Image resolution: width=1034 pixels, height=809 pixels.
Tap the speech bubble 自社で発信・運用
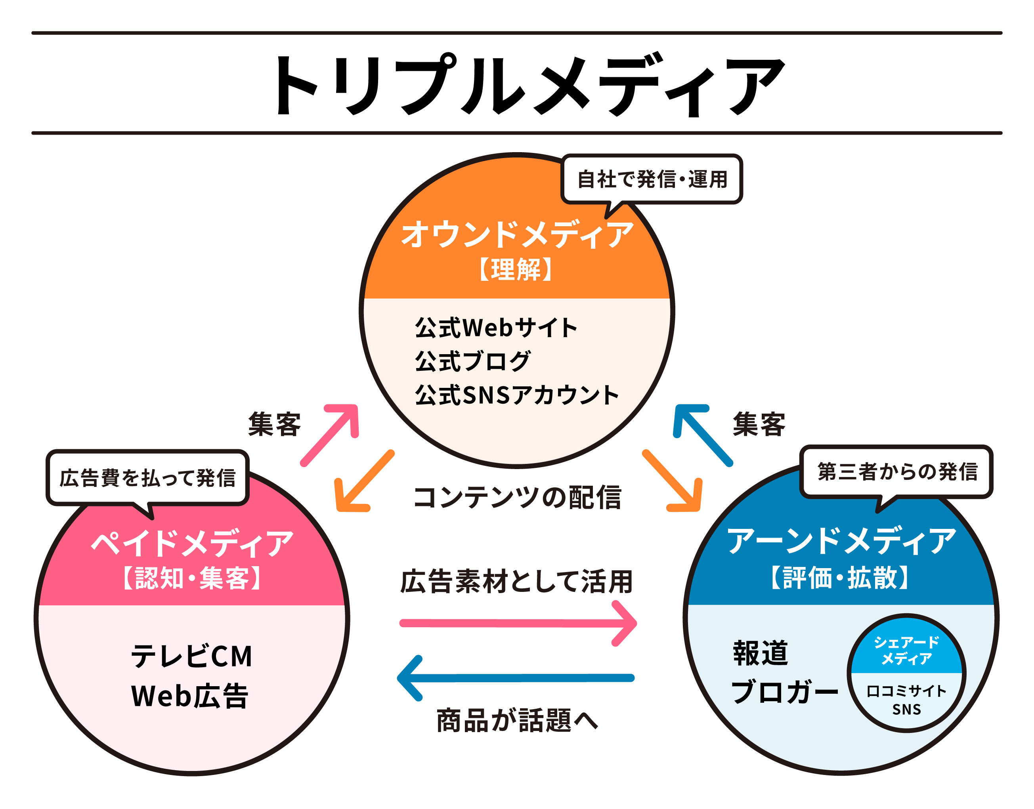652,179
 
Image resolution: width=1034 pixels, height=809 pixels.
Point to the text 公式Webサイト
496,327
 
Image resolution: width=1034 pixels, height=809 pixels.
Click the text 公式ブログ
472,361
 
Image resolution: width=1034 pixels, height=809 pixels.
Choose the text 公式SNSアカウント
516,395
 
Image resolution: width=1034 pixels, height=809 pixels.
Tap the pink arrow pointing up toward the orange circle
331,434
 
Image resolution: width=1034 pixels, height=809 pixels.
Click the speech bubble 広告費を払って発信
147,477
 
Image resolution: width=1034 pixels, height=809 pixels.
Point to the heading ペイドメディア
192,543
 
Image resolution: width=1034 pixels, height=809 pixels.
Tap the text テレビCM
191,656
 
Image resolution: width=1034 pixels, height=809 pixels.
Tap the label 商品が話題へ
516,720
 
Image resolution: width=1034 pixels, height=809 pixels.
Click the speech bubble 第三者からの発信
897,472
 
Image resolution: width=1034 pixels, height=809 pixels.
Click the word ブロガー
785,692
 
